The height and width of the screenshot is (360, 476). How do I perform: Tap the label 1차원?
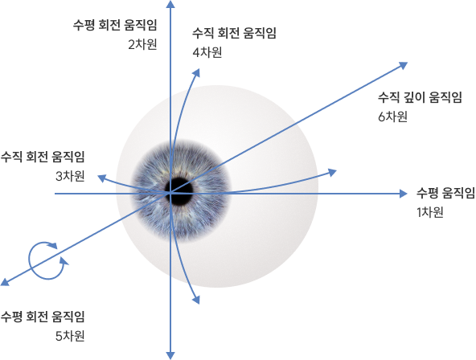430,212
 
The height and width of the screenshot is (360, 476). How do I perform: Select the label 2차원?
142,44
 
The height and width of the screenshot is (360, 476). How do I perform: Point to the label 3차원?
70,176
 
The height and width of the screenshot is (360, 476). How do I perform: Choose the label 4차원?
207,52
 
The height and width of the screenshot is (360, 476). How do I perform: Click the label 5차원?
70,336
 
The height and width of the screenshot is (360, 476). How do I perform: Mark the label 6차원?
392,117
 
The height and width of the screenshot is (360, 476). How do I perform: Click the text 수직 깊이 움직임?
420,97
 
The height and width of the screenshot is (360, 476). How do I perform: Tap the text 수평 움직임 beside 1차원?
445,193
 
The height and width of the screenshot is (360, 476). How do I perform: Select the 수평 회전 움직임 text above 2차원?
115,25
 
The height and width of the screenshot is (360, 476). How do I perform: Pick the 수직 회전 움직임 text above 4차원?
234,33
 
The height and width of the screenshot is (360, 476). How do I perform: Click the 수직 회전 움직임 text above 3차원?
43,157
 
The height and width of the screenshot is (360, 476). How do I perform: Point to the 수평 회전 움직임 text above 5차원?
43,317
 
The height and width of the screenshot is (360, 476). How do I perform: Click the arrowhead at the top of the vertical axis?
171,4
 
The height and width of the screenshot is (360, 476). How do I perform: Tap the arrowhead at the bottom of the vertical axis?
170,356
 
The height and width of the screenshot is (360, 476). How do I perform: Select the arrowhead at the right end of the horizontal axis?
403,194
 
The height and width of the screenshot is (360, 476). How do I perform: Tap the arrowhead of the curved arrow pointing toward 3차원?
101,178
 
